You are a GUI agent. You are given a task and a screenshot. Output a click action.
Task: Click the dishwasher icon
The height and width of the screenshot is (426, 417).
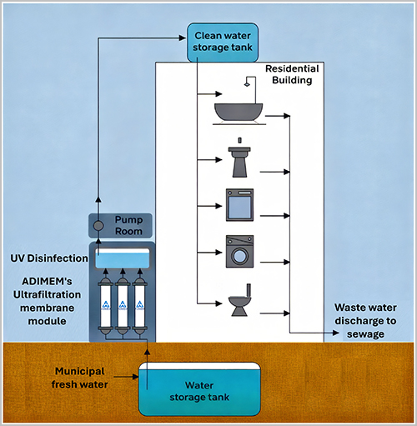[x=239, y=204]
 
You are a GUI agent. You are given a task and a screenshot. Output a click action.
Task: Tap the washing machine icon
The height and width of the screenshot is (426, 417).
[x=239, y=251]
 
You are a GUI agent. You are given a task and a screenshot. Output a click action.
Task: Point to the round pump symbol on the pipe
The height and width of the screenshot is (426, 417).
[x=98, y=225]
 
